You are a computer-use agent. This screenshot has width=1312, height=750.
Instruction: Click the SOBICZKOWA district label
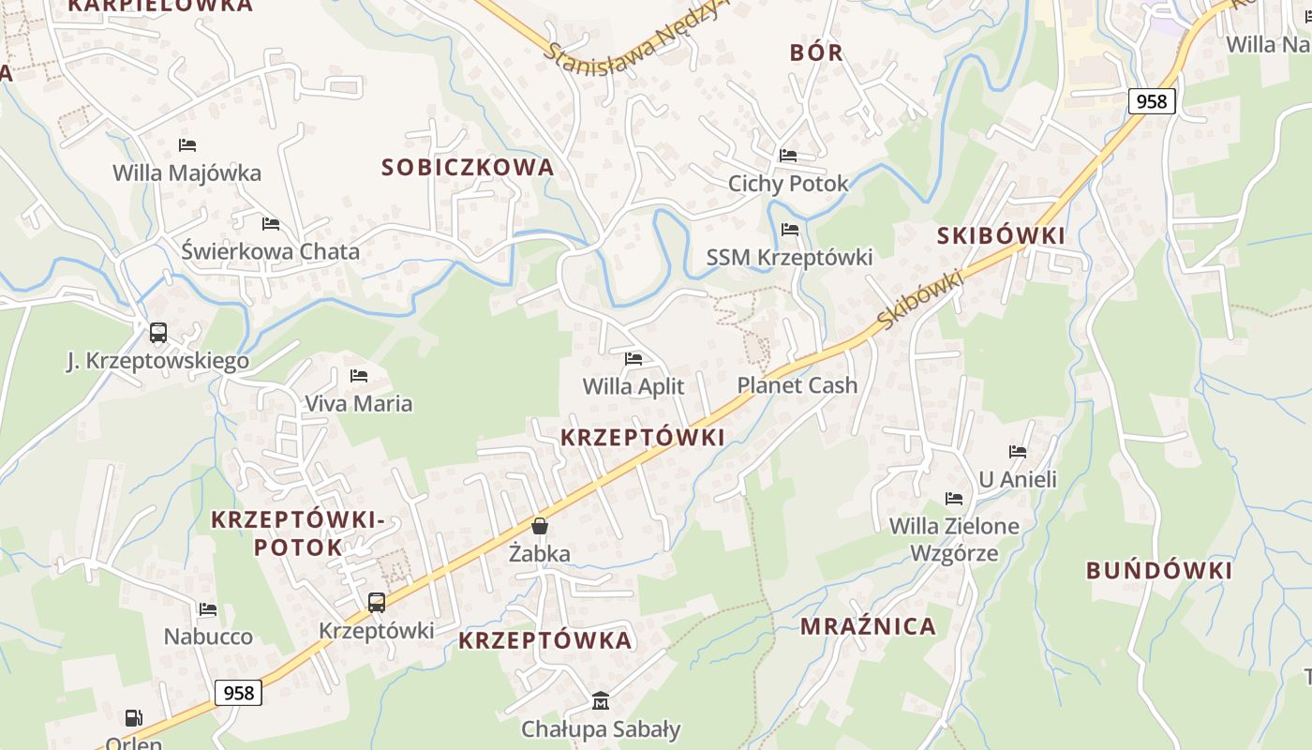[468, 168]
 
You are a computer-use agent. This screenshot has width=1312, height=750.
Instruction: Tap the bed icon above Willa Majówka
[187, 145]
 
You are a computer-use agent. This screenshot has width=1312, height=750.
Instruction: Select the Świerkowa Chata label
[270, 251]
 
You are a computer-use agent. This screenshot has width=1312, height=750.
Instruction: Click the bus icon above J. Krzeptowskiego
[158, 332]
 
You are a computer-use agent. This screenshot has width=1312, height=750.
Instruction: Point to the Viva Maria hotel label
[358, 403]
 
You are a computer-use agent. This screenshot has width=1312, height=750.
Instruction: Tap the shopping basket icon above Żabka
[540, 526]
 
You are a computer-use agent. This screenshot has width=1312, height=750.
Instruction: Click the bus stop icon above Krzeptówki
[377, 603]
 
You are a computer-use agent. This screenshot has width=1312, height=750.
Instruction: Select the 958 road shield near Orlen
[239, 693]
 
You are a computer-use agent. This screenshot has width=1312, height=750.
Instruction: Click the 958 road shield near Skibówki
[1152, 100]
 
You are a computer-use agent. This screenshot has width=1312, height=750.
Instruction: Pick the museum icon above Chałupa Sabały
[601, 700]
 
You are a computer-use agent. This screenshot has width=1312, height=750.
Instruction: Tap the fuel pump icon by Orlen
[134, 718]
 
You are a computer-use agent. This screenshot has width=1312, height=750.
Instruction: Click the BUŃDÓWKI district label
[1159, 570]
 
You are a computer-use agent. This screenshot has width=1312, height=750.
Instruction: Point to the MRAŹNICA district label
[868, 626]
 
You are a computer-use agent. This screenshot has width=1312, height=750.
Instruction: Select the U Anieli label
[1018, 479]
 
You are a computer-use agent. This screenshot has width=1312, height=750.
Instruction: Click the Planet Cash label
[798, 385]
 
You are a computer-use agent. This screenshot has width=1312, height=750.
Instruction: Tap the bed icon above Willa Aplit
[634, 358]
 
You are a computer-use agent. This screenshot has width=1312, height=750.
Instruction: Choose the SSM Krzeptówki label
[789, 257]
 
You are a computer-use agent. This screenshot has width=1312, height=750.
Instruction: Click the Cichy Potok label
[788, 183]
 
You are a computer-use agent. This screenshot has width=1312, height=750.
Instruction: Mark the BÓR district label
[816, 52]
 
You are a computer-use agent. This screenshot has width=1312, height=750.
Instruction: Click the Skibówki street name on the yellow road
[921, 299]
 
